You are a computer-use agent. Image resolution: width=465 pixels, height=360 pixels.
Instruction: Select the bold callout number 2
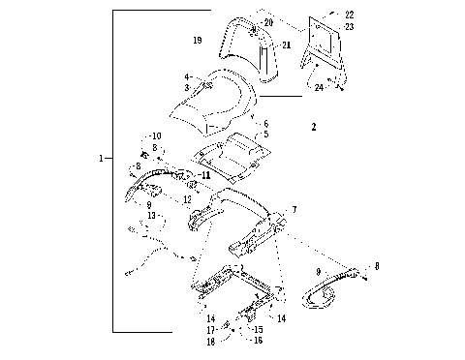point(313,127)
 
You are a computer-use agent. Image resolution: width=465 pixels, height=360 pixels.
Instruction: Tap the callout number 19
point(198,41)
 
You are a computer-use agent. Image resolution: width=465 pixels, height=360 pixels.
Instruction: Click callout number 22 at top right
point(349,15)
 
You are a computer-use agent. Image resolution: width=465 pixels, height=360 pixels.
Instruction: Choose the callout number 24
point(319,87)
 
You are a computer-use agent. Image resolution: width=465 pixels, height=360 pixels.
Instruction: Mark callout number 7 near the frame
point(294,209)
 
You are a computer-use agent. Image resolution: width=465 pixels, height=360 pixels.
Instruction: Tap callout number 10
point(155,135)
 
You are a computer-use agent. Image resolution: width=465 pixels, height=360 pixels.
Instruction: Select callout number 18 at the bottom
point(209,342)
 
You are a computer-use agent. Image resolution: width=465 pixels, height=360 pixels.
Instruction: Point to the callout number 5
point(265,134)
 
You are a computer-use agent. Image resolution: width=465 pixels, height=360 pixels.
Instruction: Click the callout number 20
point(268,21)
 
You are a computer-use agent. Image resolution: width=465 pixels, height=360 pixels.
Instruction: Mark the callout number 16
point(259,341)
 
